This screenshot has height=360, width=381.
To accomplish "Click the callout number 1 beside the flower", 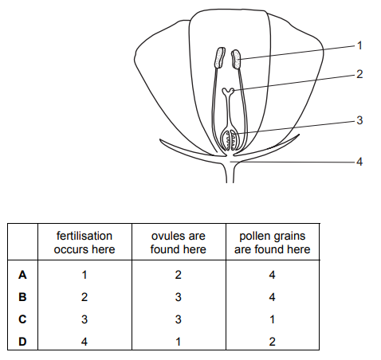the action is (x=359, y=45).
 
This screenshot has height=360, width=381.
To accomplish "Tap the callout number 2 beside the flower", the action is (x=359, y=74).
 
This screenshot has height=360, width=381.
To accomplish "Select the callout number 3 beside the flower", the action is (x=359, y=120).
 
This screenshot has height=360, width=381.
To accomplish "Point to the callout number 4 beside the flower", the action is (x=359, y=162).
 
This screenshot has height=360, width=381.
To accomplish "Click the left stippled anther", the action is (x=220, y=57).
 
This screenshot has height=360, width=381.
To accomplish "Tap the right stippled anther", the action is (x=236, y=59).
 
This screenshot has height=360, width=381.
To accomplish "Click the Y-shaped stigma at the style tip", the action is (x=228, y=92).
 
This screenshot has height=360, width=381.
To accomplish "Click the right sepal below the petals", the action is (x=269, y=147).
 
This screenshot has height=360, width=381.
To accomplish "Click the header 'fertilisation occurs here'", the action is (x=84, y=243).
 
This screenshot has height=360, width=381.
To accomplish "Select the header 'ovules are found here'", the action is (x=179, y=243).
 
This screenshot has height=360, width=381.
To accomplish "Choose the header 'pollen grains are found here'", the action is (x=273, y=243).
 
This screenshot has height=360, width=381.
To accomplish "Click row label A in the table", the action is (x=22, y=275).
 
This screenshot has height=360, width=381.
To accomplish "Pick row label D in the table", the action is (x=22, y=342).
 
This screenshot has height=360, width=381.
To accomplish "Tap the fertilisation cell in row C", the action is (x=84, y=319).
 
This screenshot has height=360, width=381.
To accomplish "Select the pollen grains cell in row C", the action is (x=272, y=319).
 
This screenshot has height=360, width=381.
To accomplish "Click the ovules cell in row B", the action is (x=179, y=297).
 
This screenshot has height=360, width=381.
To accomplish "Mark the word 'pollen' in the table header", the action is (x=256, y=237).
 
